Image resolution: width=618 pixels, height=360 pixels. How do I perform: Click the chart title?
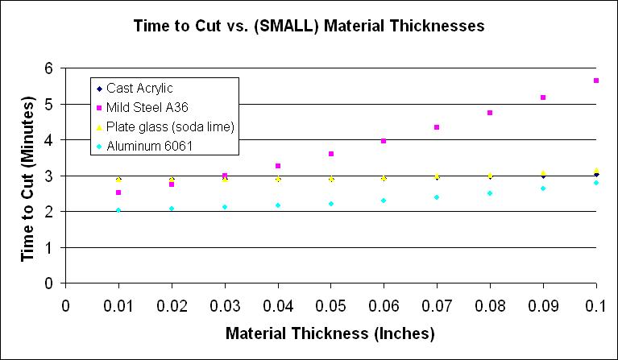(x=309, y=26)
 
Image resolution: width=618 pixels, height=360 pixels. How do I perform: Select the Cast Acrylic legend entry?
(x=139, y=89)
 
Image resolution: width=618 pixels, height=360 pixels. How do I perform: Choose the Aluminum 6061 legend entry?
(x=145, y=147)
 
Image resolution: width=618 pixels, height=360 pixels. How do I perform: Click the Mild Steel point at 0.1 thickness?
(x=595, y=81)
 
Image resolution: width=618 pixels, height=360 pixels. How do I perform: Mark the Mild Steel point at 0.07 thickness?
(x=437, y=127)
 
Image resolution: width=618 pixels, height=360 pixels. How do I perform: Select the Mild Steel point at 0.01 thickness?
(x=118, y=192)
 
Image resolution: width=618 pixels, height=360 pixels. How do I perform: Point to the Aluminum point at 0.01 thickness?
(x=118, y=210)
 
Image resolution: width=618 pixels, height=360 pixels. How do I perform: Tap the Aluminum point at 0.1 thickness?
(x=595, y=183)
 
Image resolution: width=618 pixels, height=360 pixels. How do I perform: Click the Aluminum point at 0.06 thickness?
(x=384, y=201)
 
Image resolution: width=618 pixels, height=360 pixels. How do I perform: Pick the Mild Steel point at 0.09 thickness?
(x=543, y=97)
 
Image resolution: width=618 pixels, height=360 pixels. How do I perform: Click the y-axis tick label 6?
(x=49, y=68)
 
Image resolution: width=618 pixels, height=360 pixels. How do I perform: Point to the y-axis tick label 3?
(x=49, y=176)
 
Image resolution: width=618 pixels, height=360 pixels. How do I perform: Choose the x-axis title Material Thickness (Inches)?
(x=330, y=333)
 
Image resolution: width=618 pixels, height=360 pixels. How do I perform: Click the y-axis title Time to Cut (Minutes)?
(x=27, y=176)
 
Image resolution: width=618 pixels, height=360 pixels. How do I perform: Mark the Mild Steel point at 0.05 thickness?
(x=330, y=154)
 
